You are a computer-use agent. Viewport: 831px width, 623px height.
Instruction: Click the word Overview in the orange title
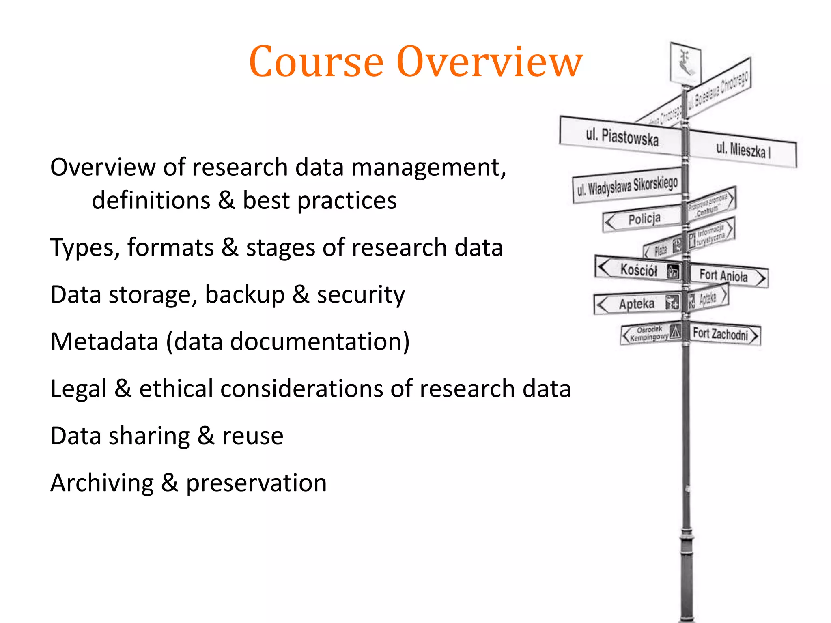[490, 62]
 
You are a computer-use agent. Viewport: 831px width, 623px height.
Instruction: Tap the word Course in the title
[316, 62]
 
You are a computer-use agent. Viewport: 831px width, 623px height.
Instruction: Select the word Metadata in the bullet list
[104, 342]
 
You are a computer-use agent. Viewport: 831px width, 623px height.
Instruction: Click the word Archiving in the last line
[102, 483]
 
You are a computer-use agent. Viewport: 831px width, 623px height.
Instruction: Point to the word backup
[245, 294]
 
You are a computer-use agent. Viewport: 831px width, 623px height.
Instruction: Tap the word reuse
[252, 436]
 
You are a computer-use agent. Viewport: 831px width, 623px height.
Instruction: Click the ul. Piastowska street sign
[621, 136]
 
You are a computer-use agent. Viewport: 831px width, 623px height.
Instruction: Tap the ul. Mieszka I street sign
[743, 149]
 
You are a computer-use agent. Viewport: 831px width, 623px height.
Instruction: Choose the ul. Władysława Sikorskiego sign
[627, 185]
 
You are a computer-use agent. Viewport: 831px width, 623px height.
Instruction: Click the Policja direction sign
[643, 219]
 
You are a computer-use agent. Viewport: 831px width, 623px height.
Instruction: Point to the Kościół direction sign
[638, 269]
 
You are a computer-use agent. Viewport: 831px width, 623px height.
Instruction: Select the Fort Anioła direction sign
[728, 276]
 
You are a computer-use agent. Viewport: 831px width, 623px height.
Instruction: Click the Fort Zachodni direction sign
[724, 334]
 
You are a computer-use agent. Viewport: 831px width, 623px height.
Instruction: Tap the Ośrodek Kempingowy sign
[650, 333]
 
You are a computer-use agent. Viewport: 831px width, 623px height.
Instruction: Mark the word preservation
[256, 483]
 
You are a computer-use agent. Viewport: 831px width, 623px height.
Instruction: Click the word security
[361, 294]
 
